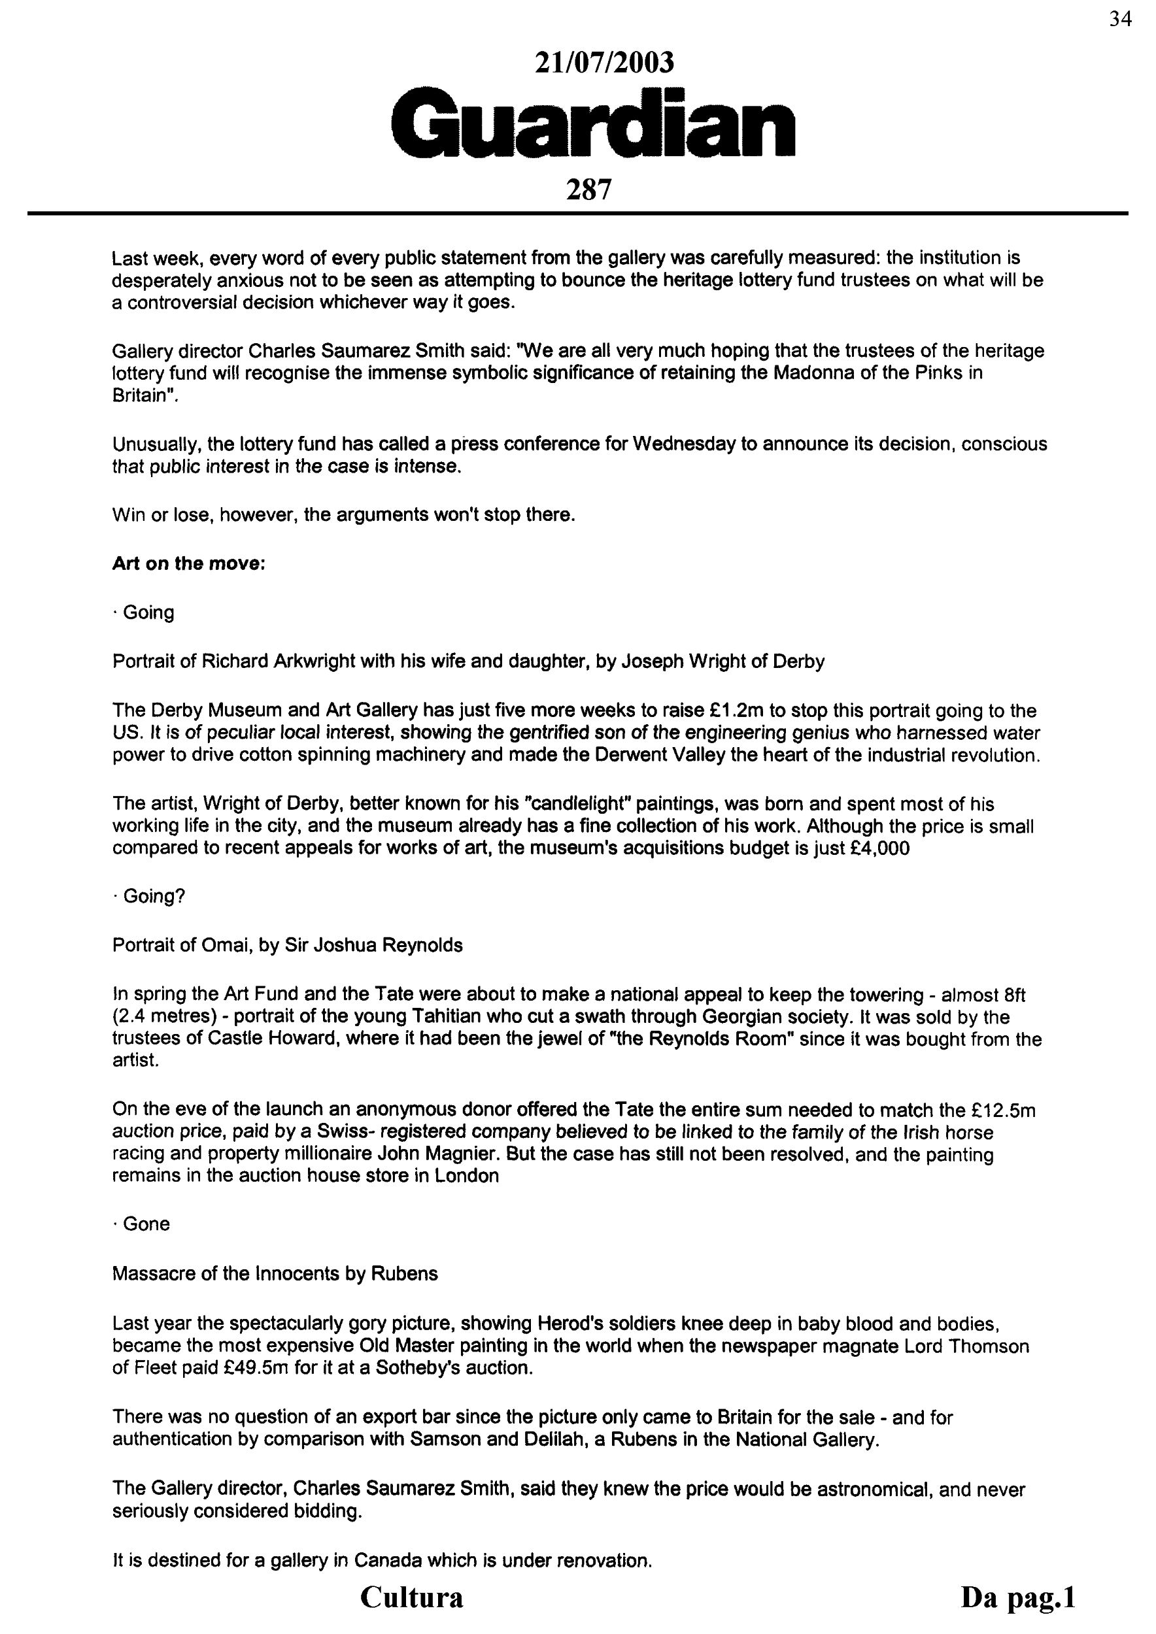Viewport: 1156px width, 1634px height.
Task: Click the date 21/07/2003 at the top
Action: click(x=603, y=63)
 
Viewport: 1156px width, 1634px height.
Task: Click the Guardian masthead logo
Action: click(x=593, y=122)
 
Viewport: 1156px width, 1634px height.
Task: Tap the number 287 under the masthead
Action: click(x=588, y=190)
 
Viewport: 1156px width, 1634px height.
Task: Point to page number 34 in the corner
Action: click(x=1119, y=19)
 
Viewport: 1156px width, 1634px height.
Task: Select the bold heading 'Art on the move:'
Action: click(x=188, y=563)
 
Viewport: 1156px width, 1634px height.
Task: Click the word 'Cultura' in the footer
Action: click(x=411, y=1596)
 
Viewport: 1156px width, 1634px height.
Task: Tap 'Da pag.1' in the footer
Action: click(x=1017, y=1596)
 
